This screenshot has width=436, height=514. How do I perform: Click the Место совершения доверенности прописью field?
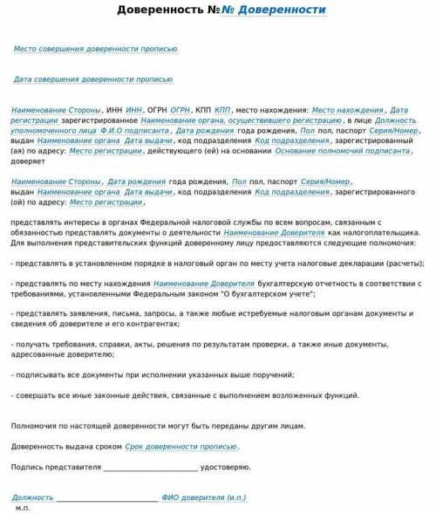pyautogui.click(x=96, y=49)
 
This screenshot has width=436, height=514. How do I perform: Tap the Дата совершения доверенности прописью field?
pyautogui.click(x=93, y=79)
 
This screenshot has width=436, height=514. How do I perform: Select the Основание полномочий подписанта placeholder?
pyautogui.click(x=343, y=151)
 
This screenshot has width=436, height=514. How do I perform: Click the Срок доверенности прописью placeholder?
pyautogui.click(x=181, y=447)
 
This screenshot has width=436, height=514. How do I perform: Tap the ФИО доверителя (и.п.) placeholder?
pyautogui.click(x=204, y=497)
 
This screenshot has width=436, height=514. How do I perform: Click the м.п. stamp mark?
pyautogui.click(x=23, y=508)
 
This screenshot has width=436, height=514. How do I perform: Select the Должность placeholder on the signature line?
pyautogui.click(x=32, y=497)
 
